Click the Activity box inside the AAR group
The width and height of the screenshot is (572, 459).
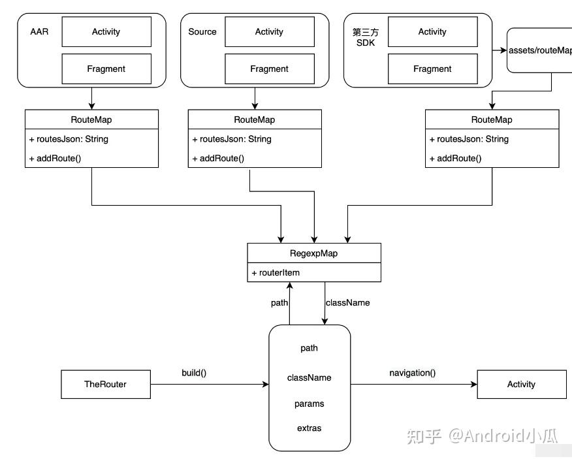(x=106, y=31)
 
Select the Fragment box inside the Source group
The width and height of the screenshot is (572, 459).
(x=269, y=69)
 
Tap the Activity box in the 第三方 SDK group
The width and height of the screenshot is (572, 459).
(x=432, y=31)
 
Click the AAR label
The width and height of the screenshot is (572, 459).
(x=39, y=31)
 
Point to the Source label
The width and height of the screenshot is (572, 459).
(x=202, y=31)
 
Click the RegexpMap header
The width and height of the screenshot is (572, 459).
(x=313, y=253)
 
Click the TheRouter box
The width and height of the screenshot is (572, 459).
(x=105, y=384)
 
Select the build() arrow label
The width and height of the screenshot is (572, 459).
(x=194, y=373)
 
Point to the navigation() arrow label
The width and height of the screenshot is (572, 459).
(x=412, y=373)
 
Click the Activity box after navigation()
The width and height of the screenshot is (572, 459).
(x=521, y=384)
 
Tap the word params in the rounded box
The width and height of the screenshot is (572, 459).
(x=309, y=404)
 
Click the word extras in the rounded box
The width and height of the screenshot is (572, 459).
(x=309, y=428)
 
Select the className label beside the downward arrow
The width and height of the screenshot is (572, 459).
(x=347, y=302)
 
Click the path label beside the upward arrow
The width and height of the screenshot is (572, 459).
(x=279, y=302)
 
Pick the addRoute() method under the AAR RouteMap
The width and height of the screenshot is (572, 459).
(x=55, y=158)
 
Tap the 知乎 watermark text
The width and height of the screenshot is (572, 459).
(x=424, y=435)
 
